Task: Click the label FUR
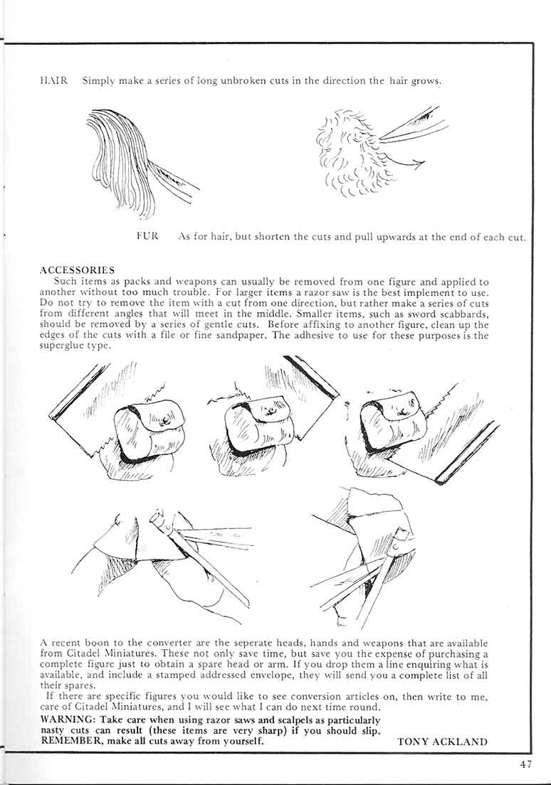[x=147, y=235]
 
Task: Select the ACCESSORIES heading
[x=78, y=271]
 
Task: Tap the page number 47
[x=526, y=765]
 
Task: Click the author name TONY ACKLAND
[x=442, y=741]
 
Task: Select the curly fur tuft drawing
[x=345, y=153]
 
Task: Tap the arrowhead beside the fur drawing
[x=419, y=164]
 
